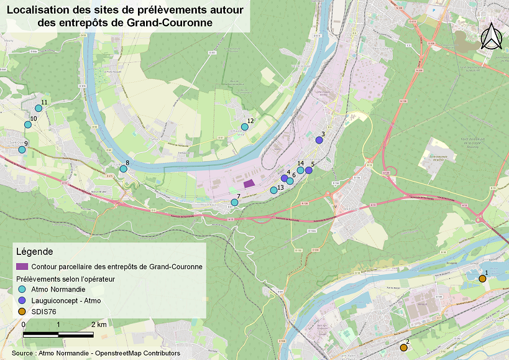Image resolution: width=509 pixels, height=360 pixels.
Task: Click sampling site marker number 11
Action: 38,108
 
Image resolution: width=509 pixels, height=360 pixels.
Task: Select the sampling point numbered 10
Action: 28,124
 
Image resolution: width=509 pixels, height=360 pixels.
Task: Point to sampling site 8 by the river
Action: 123,168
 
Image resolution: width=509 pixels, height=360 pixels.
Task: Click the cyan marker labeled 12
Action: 244,127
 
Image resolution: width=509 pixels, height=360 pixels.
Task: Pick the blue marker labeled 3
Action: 319,141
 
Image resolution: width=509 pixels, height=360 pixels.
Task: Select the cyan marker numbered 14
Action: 300,170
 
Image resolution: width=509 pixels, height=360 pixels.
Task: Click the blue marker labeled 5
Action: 309,170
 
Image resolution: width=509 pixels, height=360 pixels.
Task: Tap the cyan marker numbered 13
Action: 273,190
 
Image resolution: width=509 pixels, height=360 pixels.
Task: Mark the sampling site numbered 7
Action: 234,202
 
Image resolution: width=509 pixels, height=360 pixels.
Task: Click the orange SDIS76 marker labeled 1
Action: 482,279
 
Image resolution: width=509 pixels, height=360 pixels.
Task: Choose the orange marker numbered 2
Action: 403,348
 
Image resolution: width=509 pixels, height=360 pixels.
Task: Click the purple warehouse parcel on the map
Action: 249,183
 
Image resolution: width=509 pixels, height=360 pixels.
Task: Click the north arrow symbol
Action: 492,37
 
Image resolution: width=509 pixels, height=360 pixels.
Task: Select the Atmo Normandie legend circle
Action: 22,289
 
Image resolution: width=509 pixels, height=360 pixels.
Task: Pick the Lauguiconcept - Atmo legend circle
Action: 22,300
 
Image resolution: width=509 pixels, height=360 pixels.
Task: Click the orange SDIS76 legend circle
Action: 22,312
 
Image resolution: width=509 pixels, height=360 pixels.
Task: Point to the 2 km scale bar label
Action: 98,325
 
